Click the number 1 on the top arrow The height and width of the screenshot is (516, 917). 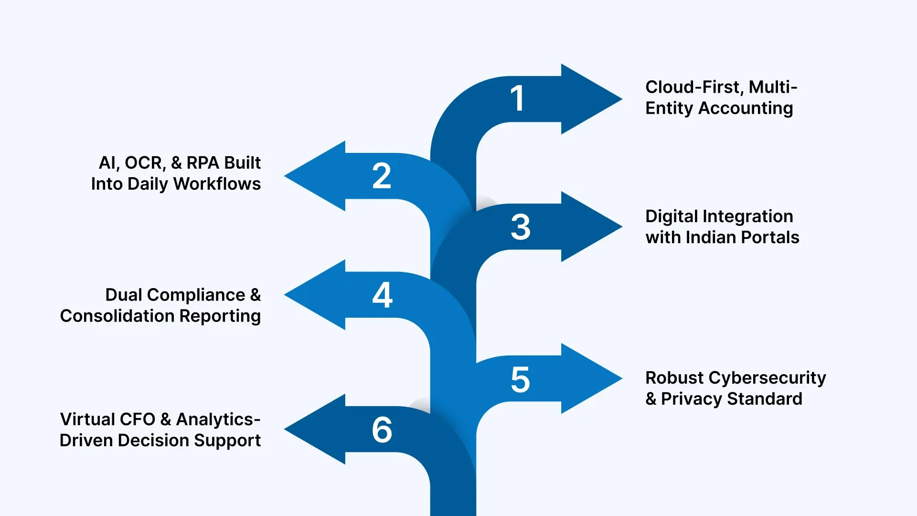tap(518, 98)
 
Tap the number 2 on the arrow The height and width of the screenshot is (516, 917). tap(382, 176)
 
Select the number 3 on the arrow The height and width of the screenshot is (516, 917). tap(521, 227)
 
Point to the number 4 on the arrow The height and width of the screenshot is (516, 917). tap(382, 295)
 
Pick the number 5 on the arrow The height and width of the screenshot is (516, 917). tap(520, 380)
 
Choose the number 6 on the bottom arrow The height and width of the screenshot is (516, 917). tap(382, 430)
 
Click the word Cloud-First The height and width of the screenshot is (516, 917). tap(694, 87)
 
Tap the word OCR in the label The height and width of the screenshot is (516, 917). tap(145, 163)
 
